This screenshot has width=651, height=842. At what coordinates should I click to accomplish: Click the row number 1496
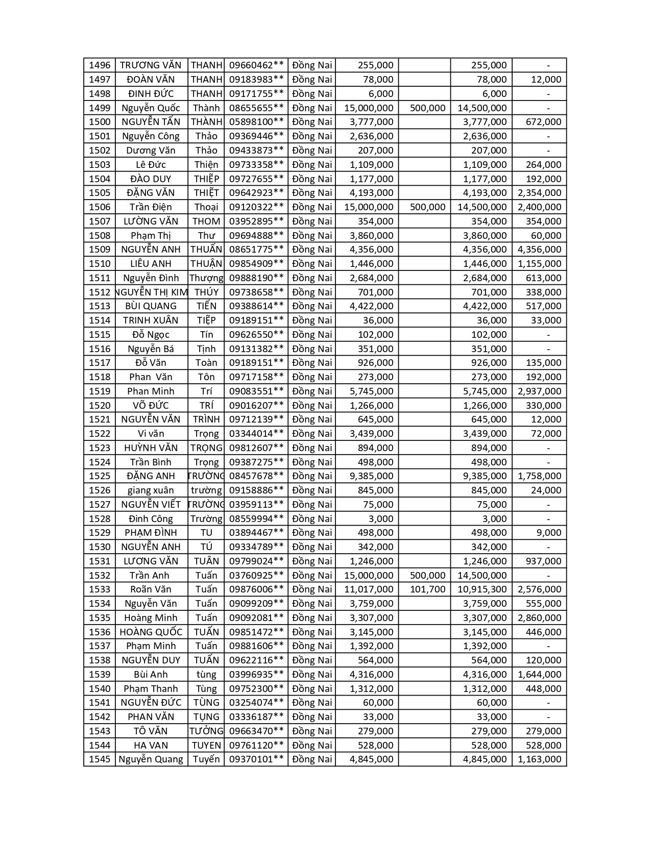100,65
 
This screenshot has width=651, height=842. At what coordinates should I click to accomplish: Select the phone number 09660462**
256,65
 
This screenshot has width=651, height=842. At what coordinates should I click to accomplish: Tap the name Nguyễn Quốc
151,108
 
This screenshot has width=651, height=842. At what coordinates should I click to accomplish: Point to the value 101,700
427,589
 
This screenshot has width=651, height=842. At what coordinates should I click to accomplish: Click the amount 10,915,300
482,589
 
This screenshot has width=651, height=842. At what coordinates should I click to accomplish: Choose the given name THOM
206,221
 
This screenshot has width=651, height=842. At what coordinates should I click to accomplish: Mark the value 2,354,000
539,193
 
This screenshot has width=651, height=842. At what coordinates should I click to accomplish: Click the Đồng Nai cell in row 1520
312,406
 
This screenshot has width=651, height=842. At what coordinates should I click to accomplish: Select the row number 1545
100,759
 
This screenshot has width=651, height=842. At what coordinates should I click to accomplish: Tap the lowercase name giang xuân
151,490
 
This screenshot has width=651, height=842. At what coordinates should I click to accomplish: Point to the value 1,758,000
539,476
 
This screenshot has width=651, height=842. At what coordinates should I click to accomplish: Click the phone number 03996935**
256,675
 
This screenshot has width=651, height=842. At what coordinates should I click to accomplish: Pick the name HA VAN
151,746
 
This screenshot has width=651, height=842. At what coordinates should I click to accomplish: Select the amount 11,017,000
369,589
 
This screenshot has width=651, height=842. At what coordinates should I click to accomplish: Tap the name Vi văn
151,434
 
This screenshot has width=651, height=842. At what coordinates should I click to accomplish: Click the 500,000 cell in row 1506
427,207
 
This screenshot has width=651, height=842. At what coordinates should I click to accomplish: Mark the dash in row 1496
548,65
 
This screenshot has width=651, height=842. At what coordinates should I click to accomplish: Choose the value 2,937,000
539,391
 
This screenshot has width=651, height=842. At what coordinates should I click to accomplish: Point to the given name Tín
206,335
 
